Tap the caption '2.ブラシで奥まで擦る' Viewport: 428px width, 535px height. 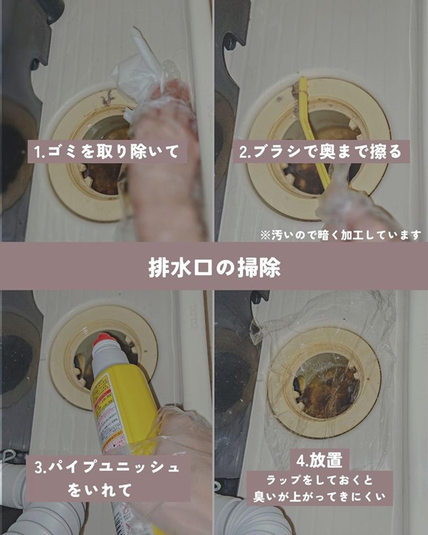(319, 151)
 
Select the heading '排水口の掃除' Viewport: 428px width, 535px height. (214, 267)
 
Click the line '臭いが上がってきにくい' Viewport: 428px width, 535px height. (319, 498)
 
